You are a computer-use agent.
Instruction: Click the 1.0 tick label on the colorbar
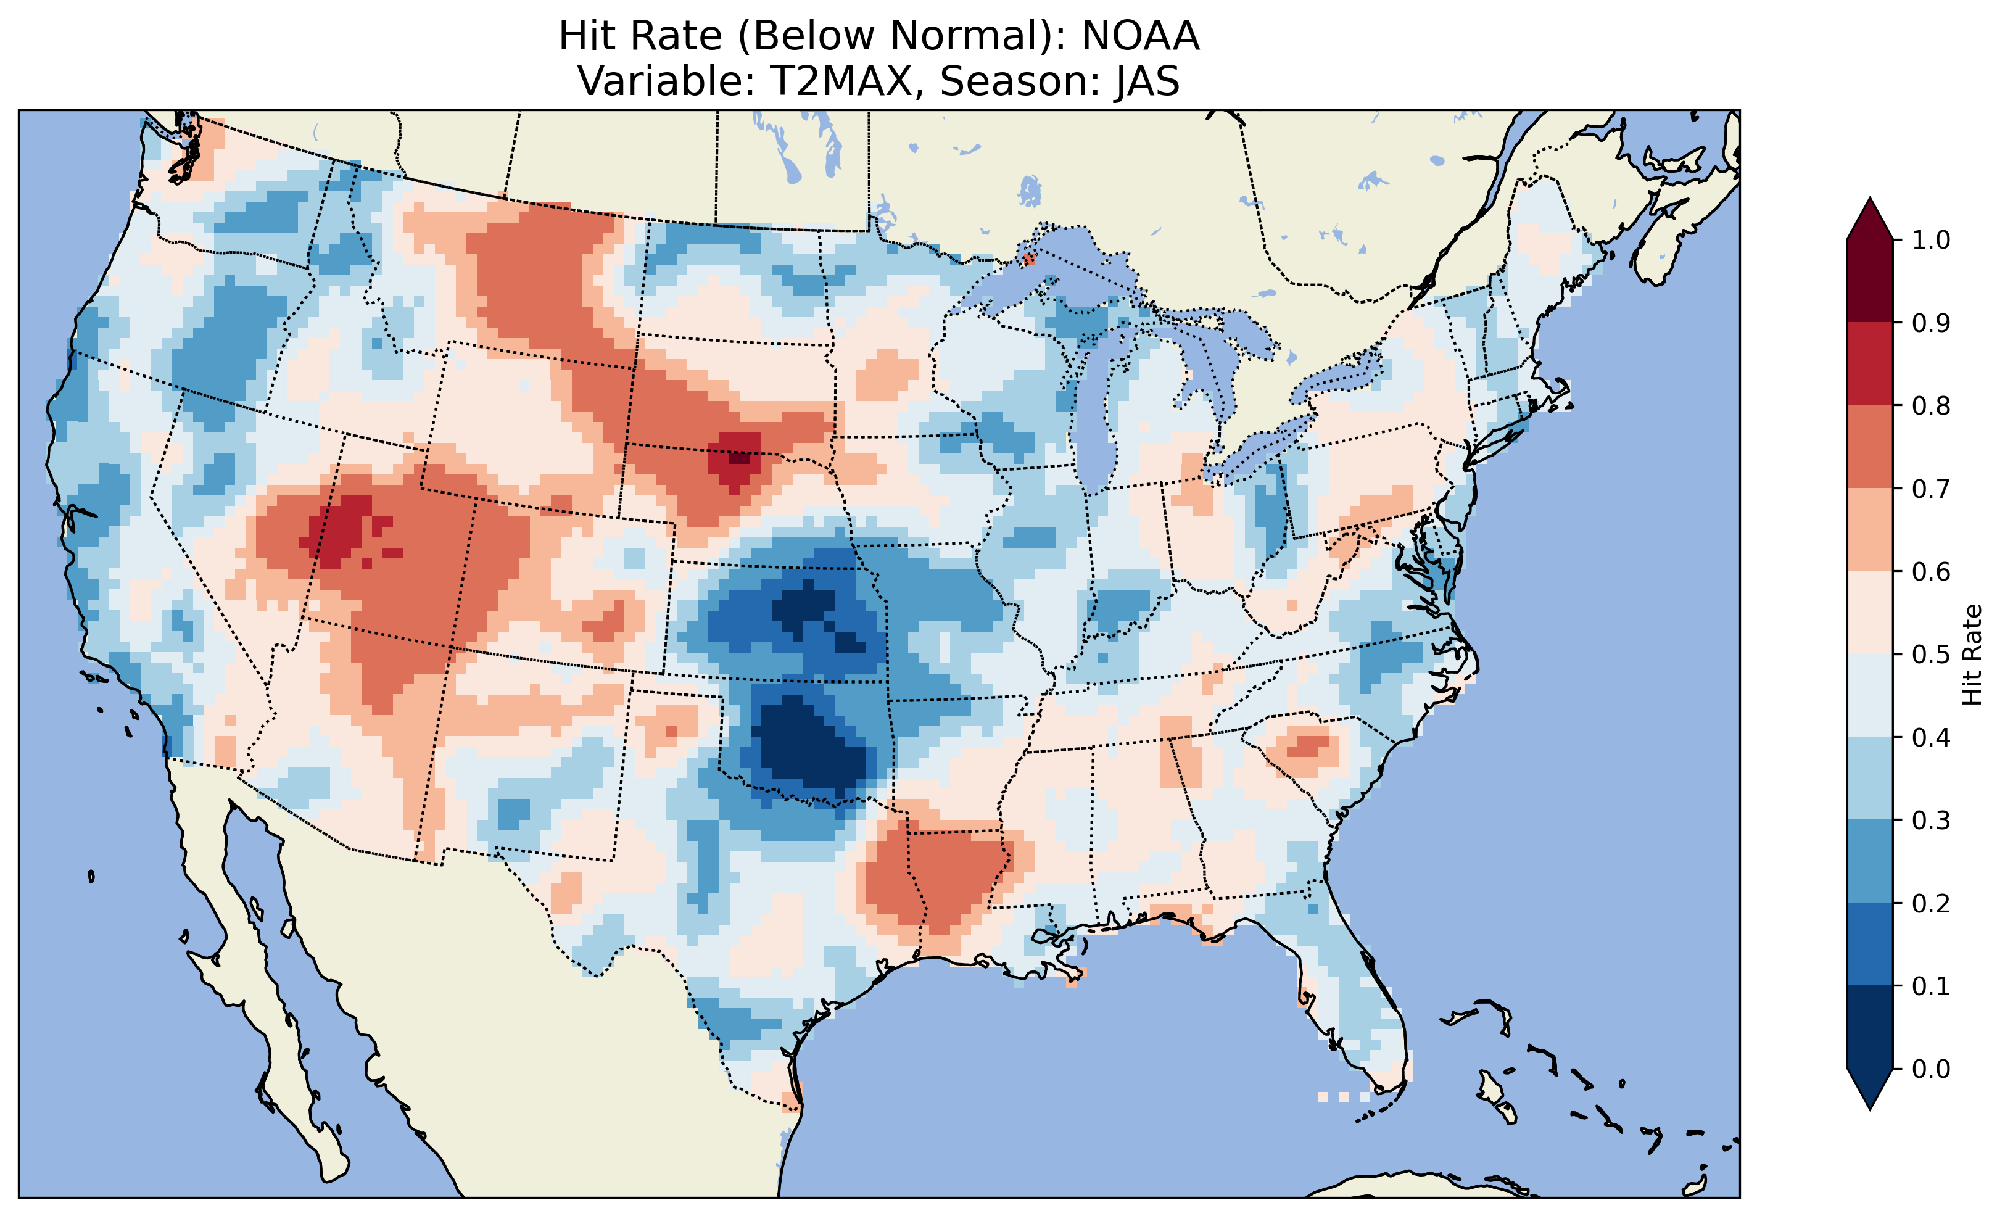click(1931, 240)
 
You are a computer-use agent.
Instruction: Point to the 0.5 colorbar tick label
click(1931, 655)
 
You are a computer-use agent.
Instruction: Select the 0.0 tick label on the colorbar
click(1931, 1069)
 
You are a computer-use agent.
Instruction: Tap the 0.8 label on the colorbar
click(1931, 405)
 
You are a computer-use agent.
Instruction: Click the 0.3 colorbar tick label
click(1931, 821)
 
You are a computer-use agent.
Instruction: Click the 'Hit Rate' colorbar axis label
click(1972, 655)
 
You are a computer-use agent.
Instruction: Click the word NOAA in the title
click(1140, 36)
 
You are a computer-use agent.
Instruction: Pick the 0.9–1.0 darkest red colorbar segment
click(1870, 281)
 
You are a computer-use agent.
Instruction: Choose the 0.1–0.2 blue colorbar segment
click(1870, 944)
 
